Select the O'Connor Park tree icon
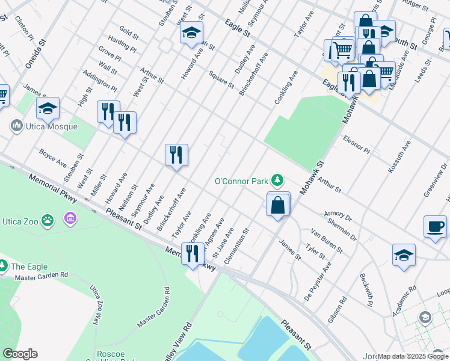[x=277, y=180]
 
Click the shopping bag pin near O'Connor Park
[x=278, y=205]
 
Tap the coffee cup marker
[x=435, y=227]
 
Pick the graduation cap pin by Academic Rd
[x=404, y=255]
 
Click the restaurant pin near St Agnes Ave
[x=193, y=254]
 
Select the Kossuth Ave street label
[x=399, y=158]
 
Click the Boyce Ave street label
[x=53, y=158]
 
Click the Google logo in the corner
[x=20, y=354]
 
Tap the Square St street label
[x=220, y=79]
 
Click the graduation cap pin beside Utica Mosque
[x=48, y=108]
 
